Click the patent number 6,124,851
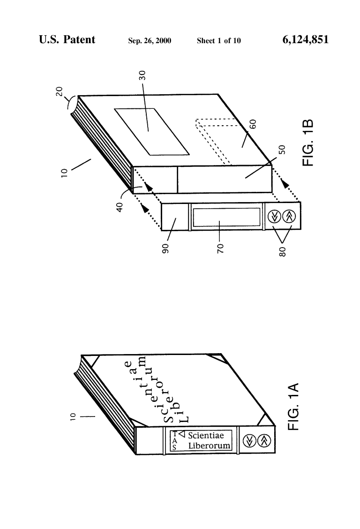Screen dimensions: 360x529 click(305, 40)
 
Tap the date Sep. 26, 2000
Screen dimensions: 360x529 click(150, 41)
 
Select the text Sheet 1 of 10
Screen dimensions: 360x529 click(219, 41)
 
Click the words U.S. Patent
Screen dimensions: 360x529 click(67, 39)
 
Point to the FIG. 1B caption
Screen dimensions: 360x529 click(308, 143)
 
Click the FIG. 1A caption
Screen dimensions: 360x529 click(293, 407)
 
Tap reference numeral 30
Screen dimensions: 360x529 click(142, 76)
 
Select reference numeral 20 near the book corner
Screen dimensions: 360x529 click(60, 91)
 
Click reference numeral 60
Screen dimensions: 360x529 click(253, 124)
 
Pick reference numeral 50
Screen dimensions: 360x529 click(282, 150)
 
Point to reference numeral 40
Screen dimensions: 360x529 click(120, 207)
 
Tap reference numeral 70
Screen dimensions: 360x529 click(220, 249)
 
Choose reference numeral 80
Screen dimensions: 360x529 click(283, 252)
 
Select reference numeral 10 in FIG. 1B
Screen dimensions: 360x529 click(64, 173)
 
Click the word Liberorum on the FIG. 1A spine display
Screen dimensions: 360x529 click(209, 446)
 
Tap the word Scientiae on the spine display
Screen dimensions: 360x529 click(206, 435)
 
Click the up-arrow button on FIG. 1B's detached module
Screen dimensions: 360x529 click(289, 216)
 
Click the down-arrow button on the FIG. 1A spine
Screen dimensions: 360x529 click(249, 440)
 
